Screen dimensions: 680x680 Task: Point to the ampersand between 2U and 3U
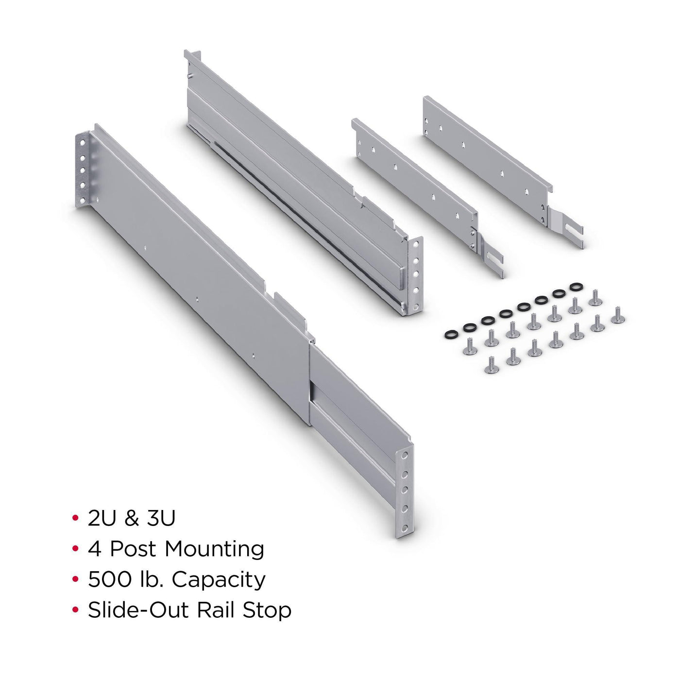pyautogui.click(x=131, y=518)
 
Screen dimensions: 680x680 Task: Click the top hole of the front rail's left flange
pyautogui.click(x=82, y=143)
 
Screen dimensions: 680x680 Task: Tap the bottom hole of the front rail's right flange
pyautogui.click(x=405, y=528)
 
